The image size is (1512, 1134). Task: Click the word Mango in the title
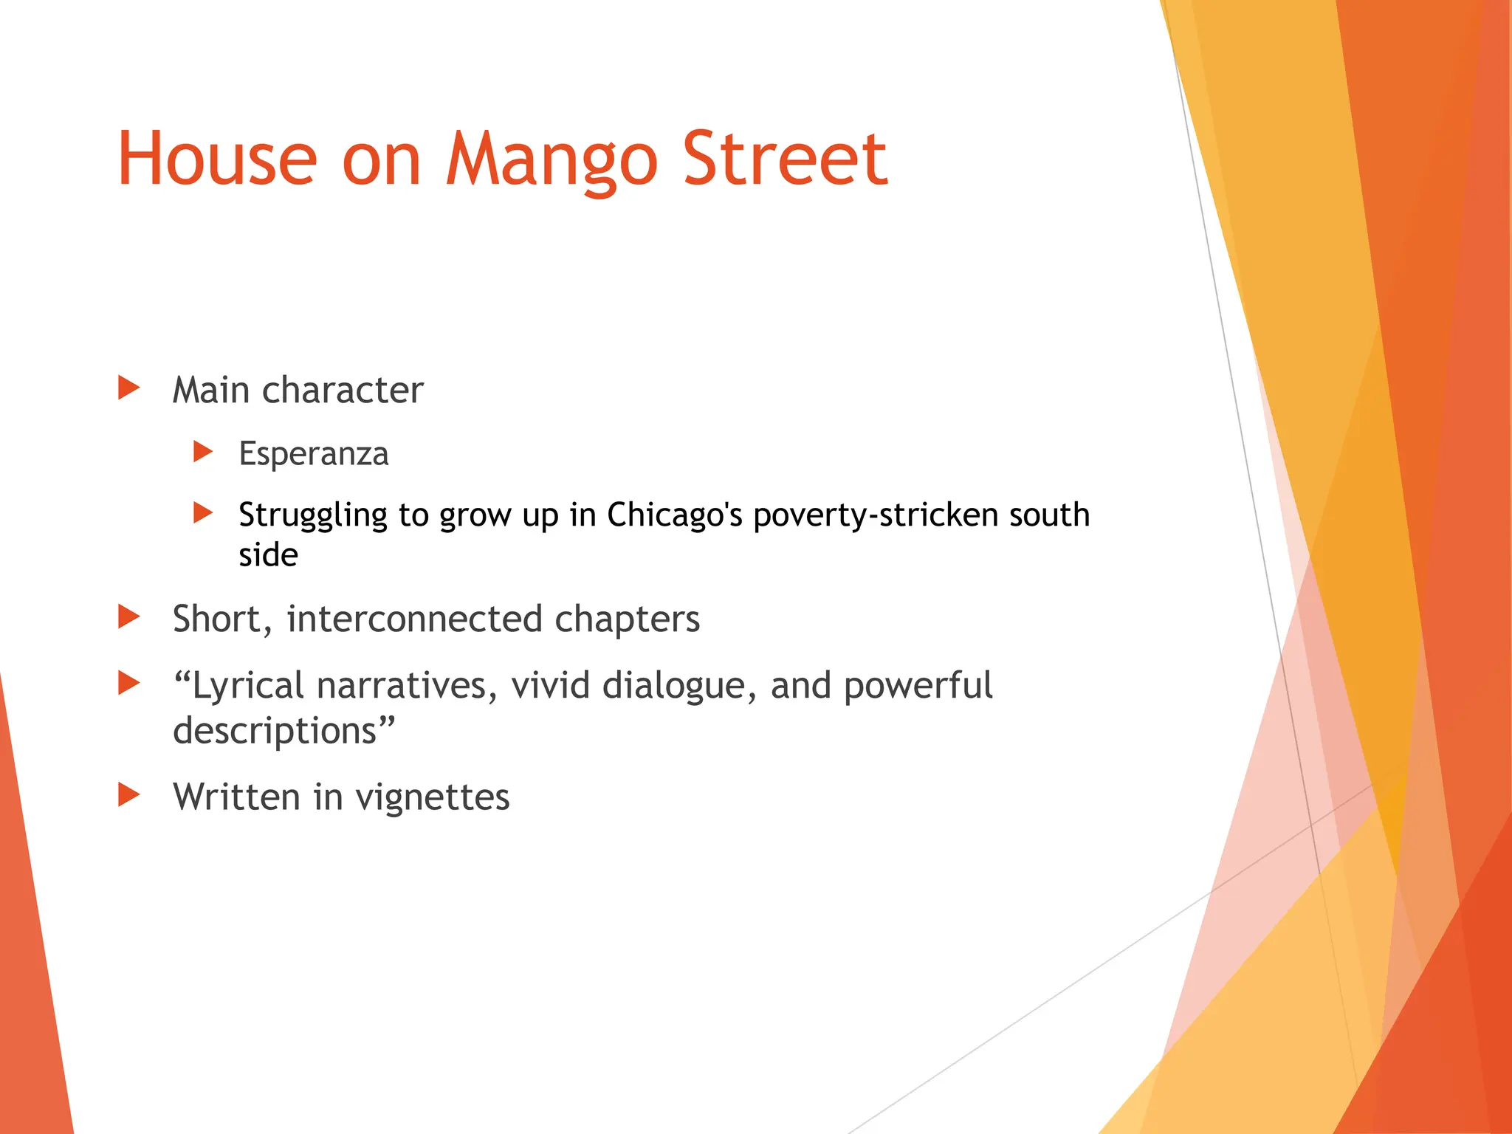pyautogui.click(x=551, y=160)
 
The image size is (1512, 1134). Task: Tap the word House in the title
pyautogui.click(x=217, y=160)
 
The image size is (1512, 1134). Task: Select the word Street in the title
pyautogui.click(x=785, y=160)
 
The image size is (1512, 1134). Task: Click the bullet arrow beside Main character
pyautogui.click(x=128, y=388)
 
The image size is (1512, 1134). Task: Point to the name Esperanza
pyautogui.click(x=313, y=453)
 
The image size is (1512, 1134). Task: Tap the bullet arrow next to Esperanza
pyautogui.click(x=202, y=451)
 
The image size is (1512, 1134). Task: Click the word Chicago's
pyautogui.click(x=674, y=515)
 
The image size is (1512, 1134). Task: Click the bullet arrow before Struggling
pyautogui.click(x=202, y=512)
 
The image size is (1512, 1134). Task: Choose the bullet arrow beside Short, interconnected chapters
pyautogui.click(x=128, y=616)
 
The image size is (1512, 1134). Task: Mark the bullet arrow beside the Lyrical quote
pyautogui.click(x=128, y=683)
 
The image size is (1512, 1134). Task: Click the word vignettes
pyautogui.click(x=433, y=797)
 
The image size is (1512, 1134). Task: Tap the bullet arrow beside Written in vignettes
pyautogui.click(x=128, y=794)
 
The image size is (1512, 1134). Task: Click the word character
pyautogui.click(x=343, y=390)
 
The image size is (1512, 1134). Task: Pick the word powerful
pyautogui.click(x=918, y=686)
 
